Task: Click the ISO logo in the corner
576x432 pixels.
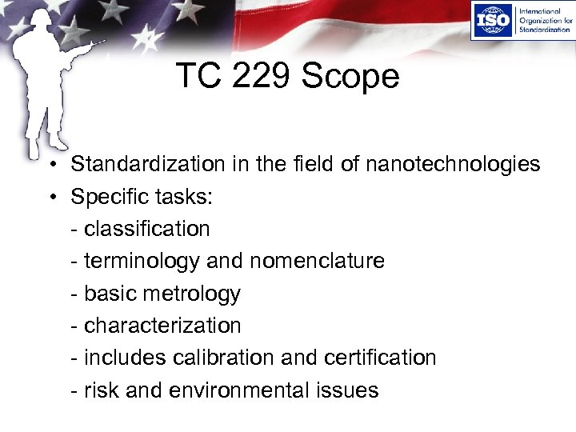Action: pyautogui.click(x=492, y=22)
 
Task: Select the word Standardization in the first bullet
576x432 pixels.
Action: pyautogui.click(x=148, y=164)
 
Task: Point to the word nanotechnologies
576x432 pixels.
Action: pyautogui.click(x=453, y=164)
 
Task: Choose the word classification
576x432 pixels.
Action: pyautogui.click(x=146, y=229)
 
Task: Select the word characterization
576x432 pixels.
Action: pyautogui.click(x=162, y=326)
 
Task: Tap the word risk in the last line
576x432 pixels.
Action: pyautogui.click(x=100, y=390)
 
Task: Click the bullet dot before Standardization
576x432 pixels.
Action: pyautogui.click(x=50, y=166)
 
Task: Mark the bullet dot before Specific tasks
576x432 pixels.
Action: pyautogui.click(x=50, y=198)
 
